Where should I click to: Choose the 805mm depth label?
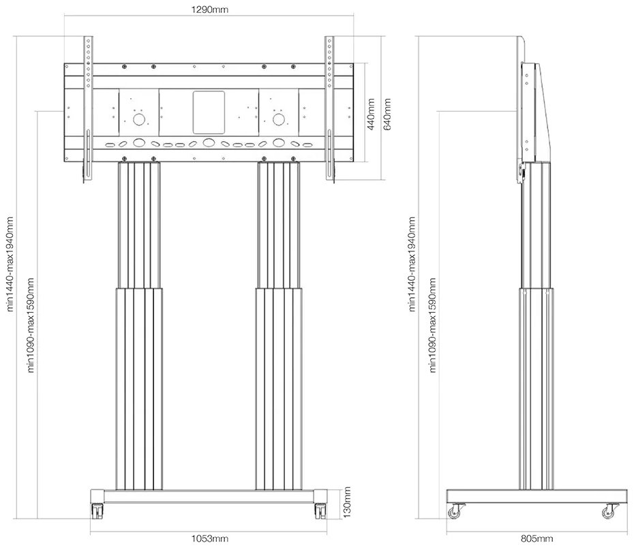[x=535, y=540]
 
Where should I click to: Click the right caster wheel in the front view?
[x=319, y=510]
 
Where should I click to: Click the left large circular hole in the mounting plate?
[x=139, y=119]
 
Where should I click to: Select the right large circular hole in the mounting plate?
[x=278, y=119]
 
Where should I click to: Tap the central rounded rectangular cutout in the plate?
[x=209, y=112]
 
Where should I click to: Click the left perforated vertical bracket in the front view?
[x=87, y=109]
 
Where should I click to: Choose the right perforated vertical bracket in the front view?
[x=331, y=109]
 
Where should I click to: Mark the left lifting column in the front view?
[x=140, y=327]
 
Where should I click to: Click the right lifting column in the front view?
[x=279, y=327]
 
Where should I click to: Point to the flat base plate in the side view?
[x=535, y=495]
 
